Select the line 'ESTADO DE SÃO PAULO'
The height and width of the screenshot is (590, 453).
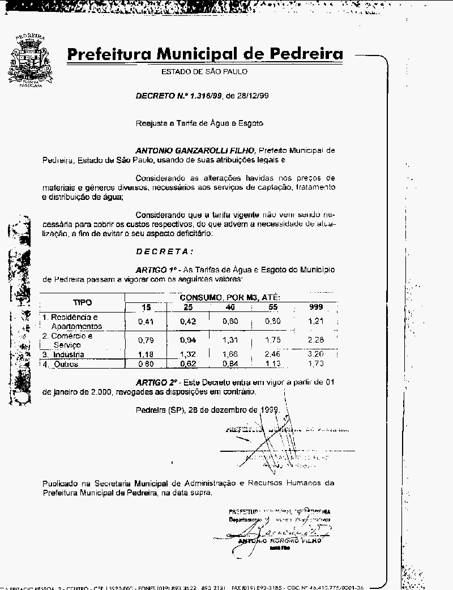[204, 72]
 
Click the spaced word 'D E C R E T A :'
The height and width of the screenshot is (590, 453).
[165, 251]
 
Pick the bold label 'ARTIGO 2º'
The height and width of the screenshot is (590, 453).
[157, 383]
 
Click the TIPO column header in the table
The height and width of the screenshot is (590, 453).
[82, 302]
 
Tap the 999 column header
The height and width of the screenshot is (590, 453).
[316, 307]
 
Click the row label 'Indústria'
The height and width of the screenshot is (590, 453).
[69, 354]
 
